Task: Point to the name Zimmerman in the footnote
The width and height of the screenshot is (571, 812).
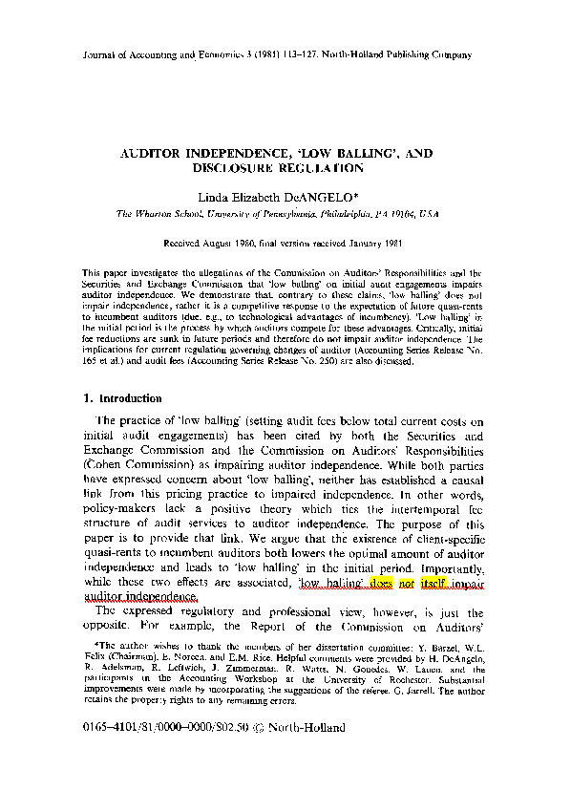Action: (253, 669)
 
